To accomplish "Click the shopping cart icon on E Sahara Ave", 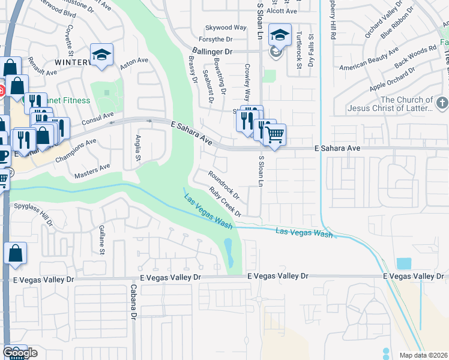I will pyautogui.click(x=274, y=135).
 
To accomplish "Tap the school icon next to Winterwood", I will pyautogui.click(x=102, y=55).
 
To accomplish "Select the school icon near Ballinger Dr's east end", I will pyautogui.click(x=279, y=35).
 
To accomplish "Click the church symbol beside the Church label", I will pyautogui.click(x=442, y=103).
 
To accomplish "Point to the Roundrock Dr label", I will pyautogui.click(x=224, y=185).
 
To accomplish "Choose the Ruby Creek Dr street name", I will pyautogui.click(x=225, y=202).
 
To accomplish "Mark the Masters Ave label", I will pyautogui.click(x=92, y=171).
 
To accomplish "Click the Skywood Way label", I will pyautogui.click(x=226, y=28).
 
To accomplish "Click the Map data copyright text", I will pyautogui.click(x=423, y=355).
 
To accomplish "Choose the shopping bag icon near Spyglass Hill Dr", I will pyautogui.click(x=15, y=254).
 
